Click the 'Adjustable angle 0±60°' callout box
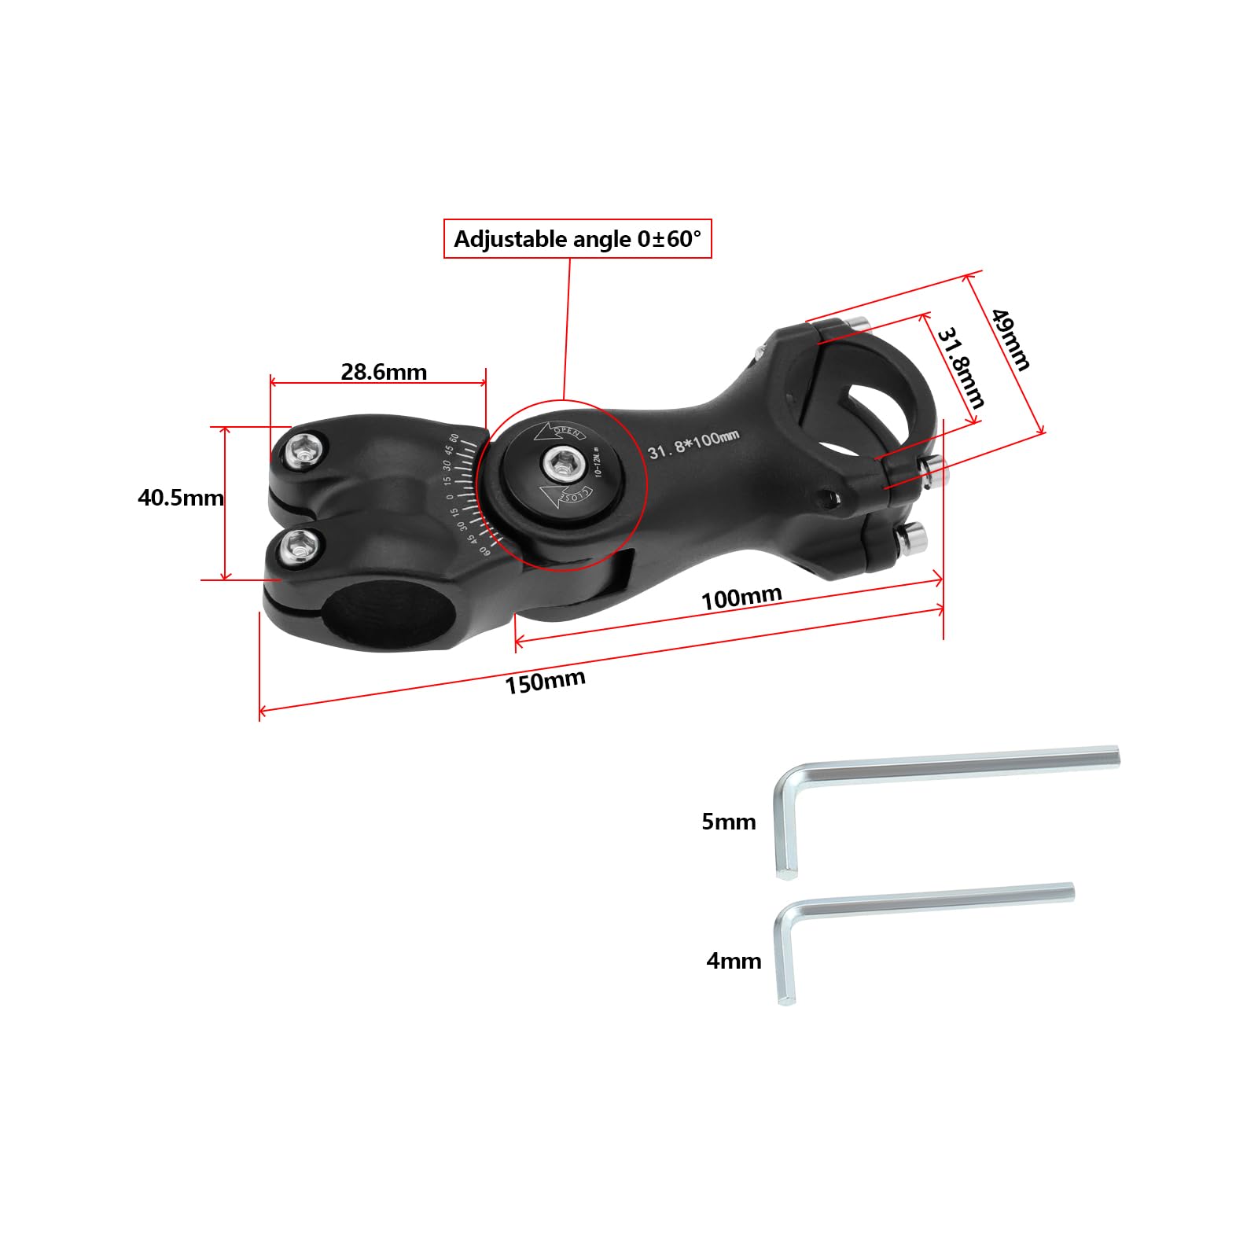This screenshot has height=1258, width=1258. pos(577,239)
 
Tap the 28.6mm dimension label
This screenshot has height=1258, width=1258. pos(384,372)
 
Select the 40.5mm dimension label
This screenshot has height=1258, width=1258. pos(180,498)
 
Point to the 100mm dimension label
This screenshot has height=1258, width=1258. pos(741,598)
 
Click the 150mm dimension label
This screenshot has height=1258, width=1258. pos(545,682)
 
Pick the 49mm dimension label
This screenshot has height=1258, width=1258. pos(1010,339)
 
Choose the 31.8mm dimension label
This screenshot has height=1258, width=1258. pos(960,368)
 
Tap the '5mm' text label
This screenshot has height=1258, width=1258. pos(728,822)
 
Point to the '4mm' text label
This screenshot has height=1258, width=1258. pos(733,961)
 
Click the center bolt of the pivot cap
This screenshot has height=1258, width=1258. pos(561,465)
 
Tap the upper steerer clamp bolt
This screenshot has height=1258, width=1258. pos(303,451)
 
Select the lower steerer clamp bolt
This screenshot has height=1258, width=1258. pos(302,544)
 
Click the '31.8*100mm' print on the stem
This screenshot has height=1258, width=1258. pos(693,445)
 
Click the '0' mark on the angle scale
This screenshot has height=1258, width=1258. pos(451,496)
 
